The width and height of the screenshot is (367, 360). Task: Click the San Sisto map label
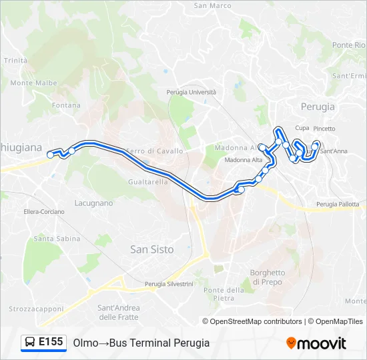(x=151, y=249)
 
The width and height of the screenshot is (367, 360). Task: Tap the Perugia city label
(x=318, y=106)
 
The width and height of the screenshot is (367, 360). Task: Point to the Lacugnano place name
(x=94, y=202)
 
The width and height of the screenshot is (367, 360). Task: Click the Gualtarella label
(x=147, y=181)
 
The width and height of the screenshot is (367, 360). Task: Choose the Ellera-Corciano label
(x=44, y=211)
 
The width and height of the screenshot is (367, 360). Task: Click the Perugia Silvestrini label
(x=169, y=284)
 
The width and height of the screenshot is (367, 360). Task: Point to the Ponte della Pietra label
(x=224, y=294)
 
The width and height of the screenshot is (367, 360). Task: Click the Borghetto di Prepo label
(x=267, y=277)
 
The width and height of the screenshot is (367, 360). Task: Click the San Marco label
(x=212, y=5)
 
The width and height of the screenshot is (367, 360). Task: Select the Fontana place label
(x=66, y=105)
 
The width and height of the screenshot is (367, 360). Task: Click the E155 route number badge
(x=51, y=342)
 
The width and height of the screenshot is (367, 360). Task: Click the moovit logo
(x=316, y=343)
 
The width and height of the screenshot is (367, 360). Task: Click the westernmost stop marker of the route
(x=50, y=155)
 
